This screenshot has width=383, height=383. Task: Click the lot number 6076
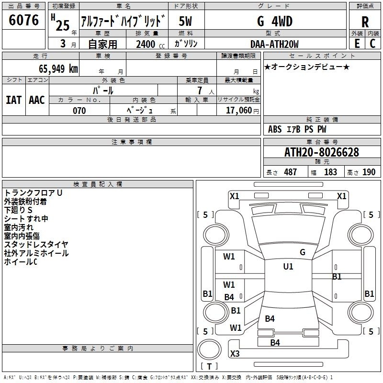24,20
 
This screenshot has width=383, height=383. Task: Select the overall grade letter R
365,23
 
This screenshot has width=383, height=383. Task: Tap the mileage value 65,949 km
55,68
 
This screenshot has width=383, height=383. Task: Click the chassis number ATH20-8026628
322,153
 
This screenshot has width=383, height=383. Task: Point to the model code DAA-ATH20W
274,44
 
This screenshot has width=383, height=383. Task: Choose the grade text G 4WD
274,22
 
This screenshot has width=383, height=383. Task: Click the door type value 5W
186,22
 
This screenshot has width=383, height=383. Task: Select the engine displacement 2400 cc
149,44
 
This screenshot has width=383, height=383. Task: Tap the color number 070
79,111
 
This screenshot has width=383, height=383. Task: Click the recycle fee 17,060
238,111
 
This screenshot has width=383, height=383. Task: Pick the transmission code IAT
13,100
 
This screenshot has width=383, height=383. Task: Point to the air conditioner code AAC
37,100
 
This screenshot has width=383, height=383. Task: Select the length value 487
290,172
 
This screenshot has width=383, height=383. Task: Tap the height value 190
369,172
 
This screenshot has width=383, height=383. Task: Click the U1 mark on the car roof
288,267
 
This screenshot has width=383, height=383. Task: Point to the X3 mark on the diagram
235,354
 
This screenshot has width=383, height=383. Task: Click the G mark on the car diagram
302,252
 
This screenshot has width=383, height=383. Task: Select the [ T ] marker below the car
209,366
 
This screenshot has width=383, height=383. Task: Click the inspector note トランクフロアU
33,192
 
